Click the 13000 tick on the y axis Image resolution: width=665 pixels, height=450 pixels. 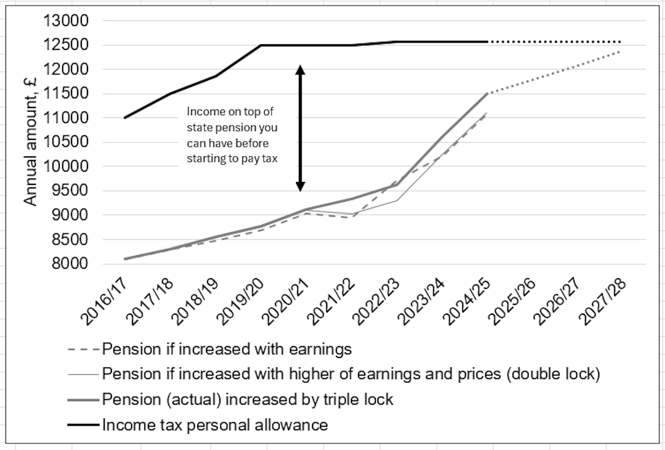click(65, 21)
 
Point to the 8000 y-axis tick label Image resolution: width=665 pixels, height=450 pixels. click(70, 264)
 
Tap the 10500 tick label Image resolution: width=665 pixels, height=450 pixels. click(65, 142)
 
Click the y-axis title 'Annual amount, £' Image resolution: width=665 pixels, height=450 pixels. click(30, 142)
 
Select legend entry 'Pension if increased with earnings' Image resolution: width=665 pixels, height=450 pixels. click(227, 349)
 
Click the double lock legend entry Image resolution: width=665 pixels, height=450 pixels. click(351, 374)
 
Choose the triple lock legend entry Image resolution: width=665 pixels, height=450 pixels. click(248, 399)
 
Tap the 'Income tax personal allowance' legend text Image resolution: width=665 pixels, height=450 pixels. click(215, 425)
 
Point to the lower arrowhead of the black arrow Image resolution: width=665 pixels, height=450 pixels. click(300, 187)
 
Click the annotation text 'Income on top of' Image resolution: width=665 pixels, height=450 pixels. click(230, 112)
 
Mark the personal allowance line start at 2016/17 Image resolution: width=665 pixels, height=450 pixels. click(125, 118)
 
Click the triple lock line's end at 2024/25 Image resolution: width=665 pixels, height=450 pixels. click(487, 94)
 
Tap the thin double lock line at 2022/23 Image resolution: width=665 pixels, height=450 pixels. click(397, 200)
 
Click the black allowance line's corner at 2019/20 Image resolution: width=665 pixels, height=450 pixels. click(260, 45)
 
